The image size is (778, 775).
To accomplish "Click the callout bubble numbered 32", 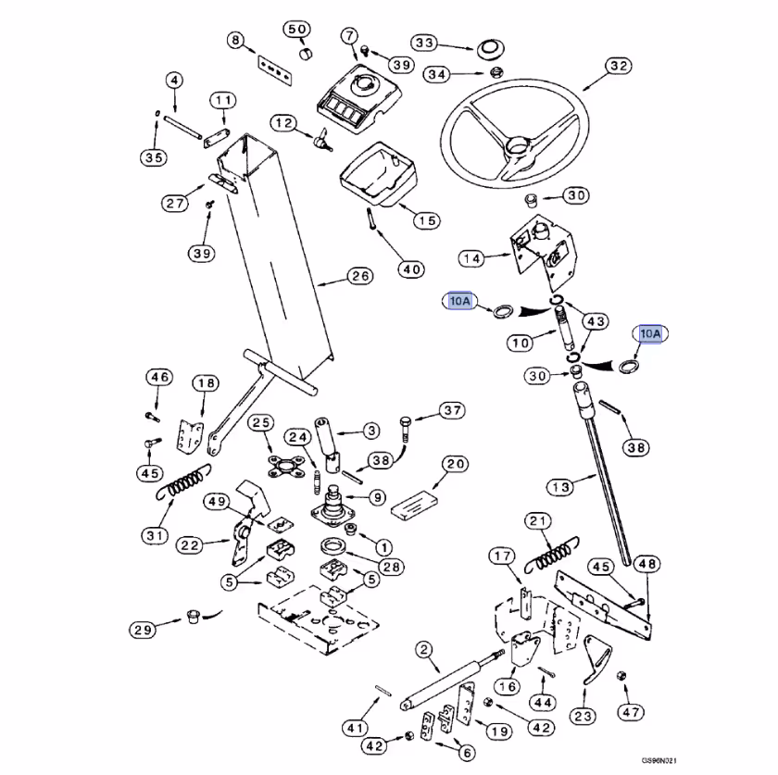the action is [619, 66].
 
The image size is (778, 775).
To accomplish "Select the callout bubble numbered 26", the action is [359, 276].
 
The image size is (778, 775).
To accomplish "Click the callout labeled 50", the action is [296, 30].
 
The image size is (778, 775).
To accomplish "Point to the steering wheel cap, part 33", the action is [490, 50].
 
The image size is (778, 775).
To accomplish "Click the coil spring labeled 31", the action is [184, 481].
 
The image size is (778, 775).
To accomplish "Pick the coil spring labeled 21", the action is [552, 555].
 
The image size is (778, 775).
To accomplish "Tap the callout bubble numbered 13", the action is [560, 487].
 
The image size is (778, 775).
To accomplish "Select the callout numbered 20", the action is [455, 465].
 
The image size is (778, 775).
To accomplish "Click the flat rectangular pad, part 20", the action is [414, 505].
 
